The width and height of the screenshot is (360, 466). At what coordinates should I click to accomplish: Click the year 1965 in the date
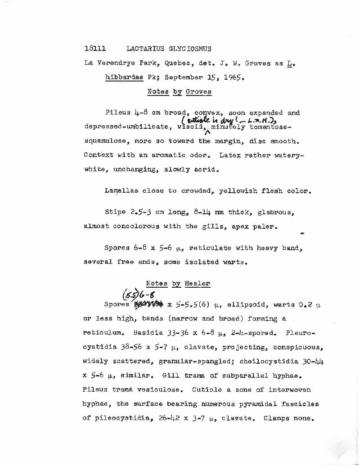233,78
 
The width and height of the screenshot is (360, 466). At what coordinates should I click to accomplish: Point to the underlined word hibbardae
124,78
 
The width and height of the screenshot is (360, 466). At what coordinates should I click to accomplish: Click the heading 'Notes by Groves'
179,92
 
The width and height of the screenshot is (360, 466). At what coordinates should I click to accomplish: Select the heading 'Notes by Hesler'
178,284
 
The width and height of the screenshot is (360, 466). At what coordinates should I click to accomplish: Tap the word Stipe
114,212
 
